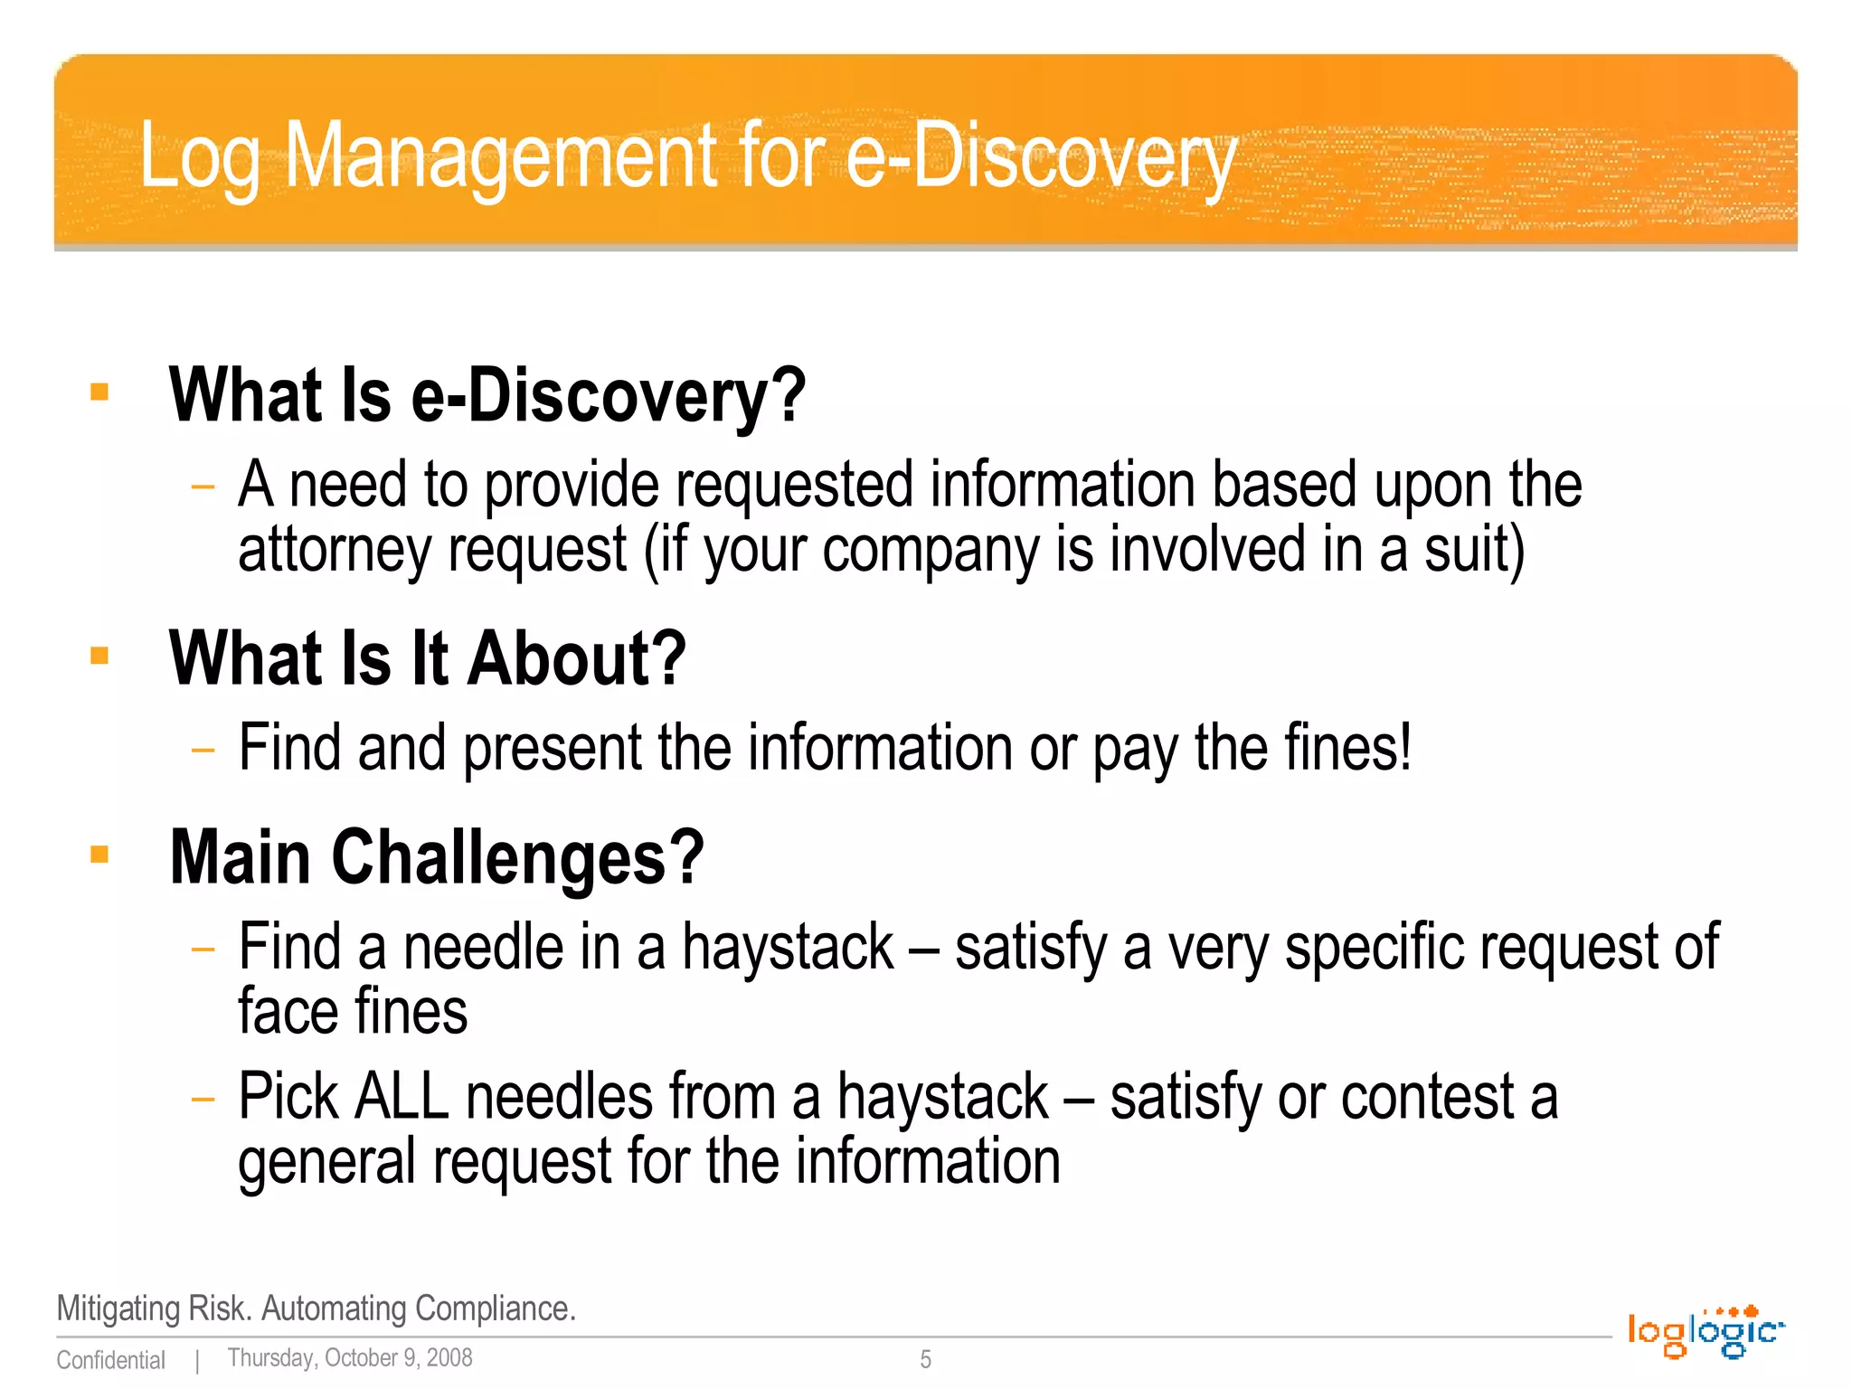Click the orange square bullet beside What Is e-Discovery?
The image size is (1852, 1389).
coord(99,392)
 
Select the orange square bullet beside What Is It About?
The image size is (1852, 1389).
coord(99,655)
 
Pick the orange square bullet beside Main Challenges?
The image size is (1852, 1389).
coord(99,854)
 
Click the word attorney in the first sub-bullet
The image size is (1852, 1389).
coord(333,550)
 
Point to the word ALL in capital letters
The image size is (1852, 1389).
coord(402,1096)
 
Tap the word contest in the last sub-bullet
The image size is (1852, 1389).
coord(1426,1096)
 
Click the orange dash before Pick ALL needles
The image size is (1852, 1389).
coord(203,1099)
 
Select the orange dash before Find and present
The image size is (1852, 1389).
coord(203,750)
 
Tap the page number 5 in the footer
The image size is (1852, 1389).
coord(925,1359)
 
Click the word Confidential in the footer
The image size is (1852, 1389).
coord(110,1360)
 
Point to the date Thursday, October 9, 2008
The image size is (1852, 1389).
coord(349,1357)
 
